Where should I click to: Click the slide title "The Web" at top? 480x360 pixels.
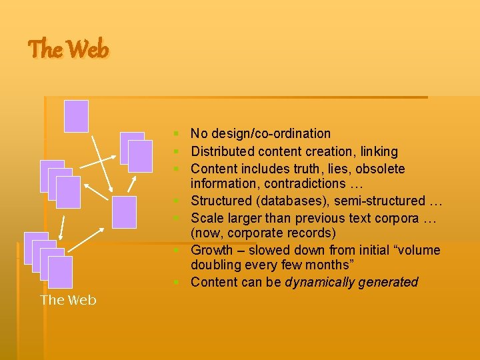pyautogui.click(x=68, y=49)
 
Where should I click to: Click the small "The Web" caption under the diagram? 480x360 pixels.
pyautogui.click(x=68, y=300)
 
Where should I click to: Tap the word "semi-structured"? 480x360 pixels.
pyautogui.click(x=381, y=201)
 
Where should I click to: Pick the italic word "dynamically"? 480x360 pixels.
pyautogui.click(x=318, y=282)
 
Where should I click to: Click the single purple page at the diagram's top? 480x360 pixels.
pyautogui.click(x=76, y=116)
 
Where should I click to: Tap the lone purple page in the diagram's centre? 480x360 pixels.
pyautogui.click(x=124, y=213)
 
